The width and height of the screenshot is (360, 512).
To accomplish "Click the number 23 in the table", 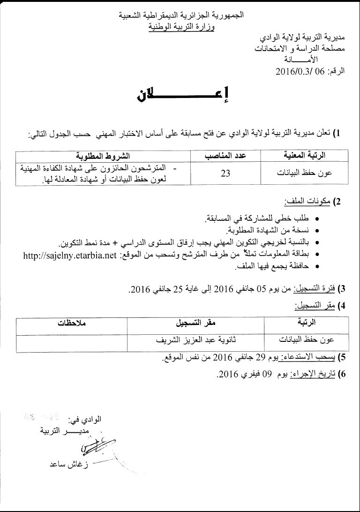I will coord(225,173).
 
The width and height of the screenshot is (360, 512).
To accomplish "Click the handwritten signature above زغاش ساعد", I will coord(97,446).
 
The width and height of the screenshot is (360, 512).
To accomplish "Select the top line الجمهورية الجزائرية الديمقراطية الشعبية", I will coord(180,16).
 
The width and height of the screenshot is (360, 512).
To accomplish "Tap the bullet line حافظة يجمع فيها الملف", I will coord(270,267).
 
